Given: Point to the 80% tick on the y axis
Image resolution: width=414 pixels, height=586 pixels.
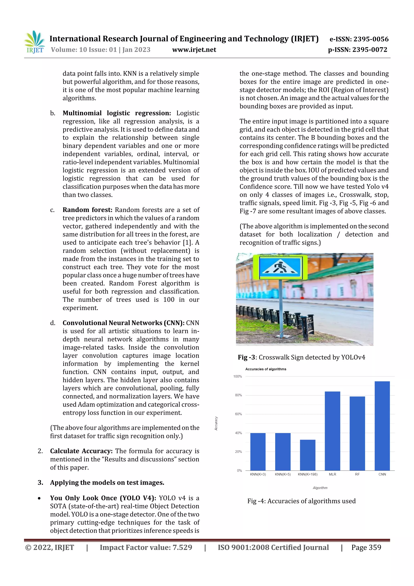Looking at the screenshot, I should point(238,395).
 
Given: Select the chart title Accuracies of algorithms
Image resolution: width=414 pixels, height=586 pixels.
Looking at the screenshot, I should point(266,369).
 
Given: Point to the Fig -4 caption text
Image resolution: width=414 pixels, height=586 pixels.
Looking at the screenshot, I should point(301,501).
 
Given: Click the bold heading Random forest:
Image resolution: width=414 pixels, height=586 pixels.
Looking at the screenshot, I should point(88,210).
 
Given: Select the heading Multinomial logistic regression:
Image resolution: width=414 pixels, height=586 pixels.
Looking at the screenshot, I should point(117,113).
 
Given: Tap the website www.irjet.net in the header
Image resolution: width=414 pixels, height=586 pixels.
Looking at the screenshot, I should point(194,50).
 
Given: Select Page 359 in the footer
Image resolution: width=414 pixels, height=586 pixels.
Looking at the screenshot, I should point(366,547).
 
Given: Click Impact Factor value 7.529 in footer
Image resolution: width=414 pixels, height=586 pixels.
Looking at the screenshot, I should point(146,547).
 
